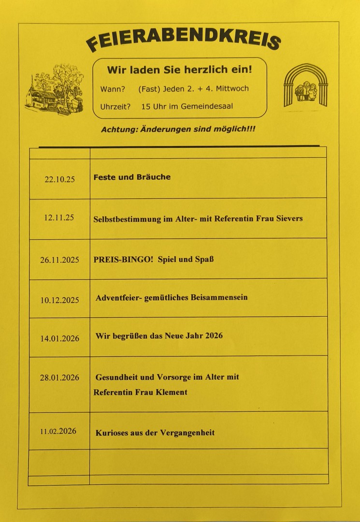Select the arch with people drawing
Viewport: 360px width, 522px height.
tap(305, 86)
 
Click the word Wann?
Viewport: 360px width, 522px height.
tap(113, 89)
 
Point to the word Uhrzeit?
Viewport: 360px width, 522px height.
tap(115, 106)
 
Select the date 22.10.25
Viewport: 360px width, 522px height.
tap(60, 179)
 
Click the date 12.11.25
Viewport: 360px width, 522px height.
tap(59, 217)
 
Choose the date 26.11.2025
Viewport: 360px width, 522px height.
tap(59, 260)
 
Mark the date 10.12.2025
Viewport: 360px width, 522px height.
tap(59, 300)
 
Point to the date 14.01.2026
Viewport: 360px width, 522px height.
tap(59, 338)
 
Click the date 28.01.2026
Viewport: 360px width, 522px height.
tap(59, 377)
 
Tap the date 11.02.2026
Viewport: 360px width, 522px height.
tap(58, 431)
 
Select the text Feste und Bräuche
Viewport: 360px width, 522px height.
tap(132, 177)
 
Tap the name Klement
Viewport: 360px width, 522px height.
tap(171, 392)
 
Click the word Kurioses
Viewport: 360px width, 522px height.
tap(112, 433)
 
